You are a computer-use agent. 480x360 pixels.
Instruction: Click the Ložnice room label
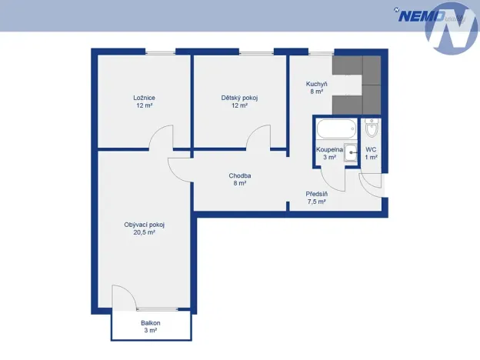(144, 98)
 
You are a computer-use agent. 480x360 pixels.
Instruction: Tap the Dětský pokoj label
(239, 98)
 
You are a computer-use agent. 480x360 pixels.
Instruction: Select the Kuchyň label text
(316, 84)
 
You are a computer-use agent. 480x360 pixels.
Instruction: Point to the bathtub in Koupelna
(336, 129)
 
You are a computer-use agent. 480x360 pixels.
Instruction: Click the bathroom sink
(351, 153)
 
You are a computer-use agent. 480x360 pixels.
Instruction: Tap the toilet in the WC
(372, 129)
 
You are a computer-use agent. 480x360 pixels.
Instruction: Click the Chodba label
(240, 175)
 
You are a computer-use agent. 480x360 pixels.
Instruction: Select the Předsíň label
(316, 194)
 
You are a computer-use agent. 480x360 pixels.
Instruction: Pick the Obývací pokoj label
(144, 225)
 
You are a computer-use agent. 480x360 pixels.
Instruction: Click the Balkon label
(151, 323)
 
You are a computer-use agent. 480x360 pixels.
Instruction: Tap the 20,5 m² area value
(144, 232)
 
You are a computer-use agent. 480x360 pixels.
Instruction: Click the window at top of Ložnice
(161, 53)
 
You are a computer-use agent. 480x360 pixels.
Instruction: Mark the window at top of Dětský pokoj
(256, 53)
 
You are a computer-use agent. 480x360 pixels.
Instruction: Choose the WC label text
(371, 150)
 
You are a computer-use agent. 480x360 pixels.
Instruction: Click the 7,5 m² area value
(316, 202)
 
